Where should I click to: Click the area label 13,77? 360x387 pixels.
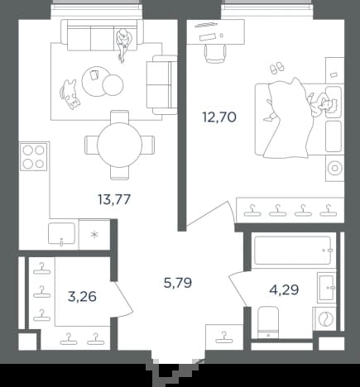click(114, 199)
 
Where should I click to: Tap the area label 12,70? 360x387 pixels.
click(219, 117)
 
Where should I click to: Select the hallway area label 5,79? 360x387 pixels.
click(178, 283)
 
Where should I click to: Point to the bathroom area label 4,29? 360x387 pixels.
click(284, 290)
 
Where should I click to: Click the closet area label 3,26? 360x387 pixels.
click(82, 297)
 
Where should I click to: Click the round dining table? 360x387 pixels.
click(120, 145)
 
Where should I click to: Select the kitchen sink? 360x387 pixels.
click(61, 233)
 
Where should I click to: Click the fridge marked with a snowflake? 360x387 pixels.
click(94, 235)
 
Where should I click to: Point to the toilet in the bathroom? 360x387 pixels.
click(268, 322)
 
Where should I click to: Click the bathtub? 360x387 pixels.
click(292, 250)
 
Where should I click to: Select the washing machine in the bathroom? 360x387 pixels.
click(325, 319)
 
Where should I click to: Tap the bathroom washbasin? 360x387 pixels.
click(326, 288)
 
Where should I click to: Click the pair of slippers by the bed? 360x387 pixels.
click(276, 68)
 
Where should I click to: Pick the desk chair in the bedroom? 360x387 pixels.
click(215, 54)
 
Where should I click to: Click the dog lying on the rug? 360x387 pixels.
click(70, 93)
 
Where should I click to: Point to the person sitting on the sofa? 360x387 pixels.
click(123, 44)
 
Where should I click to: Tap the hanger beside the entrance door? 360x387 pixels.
click(224, 338)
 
